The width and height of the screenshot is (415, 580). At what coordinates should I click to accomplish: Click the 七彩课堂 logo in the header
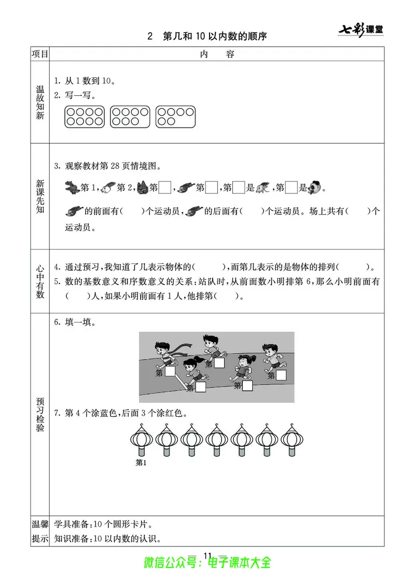pos(362,29)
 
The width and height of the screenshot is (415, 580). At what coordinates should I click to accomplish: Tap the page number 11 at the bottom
pos(208,555)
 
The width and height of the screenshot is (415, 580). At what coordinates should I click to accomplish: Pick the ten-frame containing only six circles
pos(176,117)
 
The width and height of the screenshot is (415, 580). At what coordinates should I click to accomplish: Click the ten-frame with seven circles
pos(131,117)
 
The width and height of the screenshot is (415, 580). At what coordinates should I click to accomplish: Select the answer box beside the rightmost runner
pos(281,375)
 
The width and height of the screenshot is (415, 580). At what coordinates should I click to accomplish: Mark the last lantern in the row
pos(293,441)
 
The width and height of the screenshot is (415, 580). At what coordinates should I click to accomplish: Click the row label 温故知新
pos(40,103)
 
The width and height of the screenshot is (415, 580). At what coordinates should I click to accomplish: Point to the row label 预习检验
pos(40,414)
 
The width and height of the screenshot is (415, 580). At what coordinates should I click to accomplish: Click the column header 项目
pos(40,54)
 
